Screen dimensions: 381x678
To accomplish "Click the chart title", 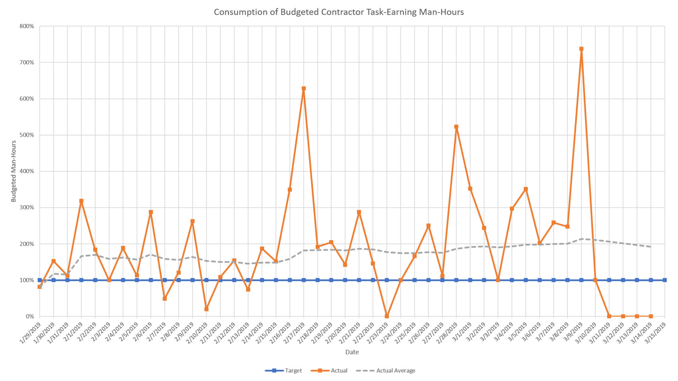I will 339,12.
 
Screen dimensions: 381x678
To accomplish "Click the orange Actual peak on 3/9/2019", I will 581,49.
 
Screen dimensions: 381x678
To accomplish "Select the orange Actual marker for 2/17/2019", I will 304,89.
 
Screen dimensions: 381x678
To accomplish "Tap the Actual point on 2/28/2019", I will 456,127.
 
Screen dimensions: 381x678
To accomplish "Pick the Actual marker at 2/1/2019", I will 81,201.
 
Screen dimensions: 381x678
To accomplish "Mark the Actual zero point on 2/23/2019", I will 387,316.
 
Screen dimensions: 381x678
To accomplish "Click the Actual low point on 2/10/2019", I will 206,309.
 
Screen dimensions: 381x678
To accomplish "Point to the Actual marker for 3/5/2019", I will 526,189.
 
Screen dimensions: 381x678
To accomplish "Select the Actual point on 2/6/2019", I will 151,212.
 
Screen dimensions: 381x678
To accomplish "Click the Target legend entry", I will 284,370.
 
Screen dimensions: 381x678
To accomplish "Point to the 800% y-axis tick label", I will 27,26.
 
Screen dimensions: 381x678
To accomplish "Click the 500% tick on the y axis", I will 27,135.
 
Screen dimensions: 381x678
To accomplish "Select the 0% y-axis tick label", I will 30,316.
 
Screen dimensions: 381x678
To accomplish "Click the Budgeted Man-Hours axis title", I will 14,171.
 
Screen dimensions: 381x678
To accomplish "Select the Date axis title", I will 352,352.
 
